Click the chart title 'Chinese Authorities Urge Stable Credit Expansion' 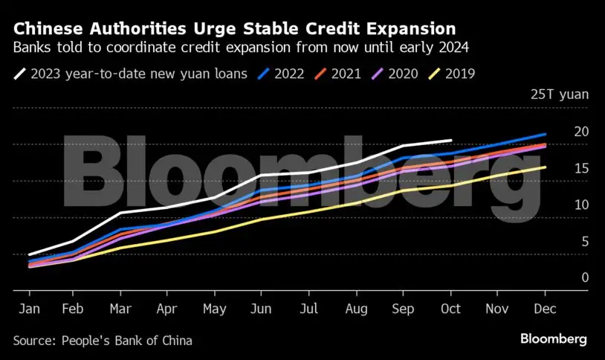pos(234,30)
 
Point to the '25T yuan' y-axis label pos(559,94)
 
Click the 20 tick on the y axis pos(581,132)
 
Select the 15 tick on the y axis pos(581,168)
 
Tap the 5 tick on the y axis pos(585,241)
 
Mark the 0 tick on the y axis pos(585,277)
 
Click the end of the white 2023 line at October pos(451,140)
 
